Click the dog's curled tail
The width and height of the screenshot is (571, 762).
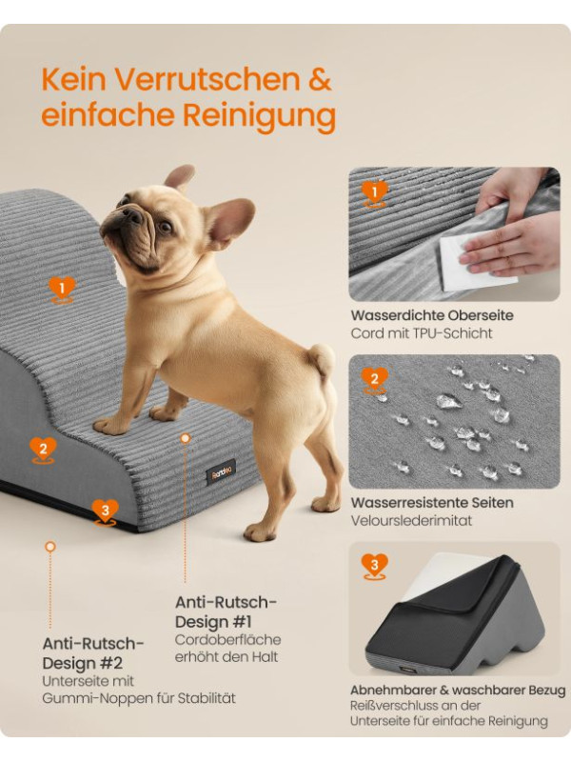[x=321, y=360]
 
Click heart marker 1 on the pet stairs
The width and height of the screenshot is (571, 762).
[x=62, y=290]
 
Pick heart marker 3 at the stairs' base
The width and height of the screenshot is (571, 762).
[x=105, y=512]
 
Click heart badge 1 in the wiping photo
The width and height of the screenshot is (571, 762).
[x=374, y=194]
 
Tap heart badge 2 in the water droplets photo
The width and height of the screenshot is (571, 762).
[x=374, y=380]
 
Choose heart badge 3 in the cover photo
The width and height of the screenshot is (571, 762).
[x=374, y=566]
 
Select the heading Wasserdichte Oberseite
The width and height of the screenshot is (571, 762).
[x=432, y=315]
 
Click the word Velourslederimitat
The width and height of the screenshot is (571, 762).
[x=411, y=520]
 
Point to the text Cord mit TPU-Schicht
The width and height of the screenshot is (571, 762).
[x=421, y=333]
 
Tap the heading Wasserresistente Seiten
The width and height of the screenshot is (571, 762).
[x=432, y=503]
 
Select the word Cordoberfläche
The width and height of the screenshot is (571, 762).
[x=227, y=639]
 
